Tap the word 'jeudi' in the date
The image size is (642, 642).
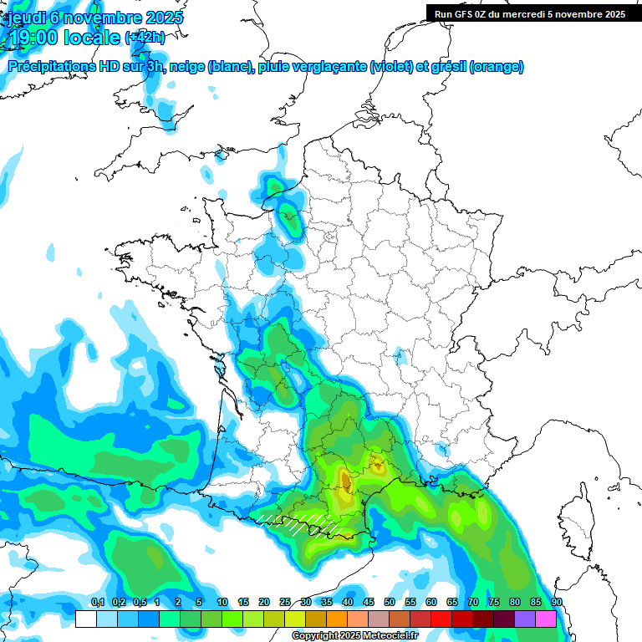coord(24,18)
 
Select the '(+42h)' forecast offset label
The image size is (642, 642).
coord(145,38)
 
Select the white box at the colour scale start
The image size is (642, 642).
coord(85,619)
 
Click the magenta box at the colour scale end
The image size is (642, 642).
coord(546,619)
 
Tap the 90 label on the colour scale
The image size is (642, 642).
coord(557,602)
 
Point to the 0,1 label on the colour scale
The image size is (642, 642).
coord(97,602)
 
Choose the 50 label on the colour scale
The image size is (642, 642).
coord(390,602)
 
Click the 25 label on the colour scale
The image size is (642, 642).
coord(285,602)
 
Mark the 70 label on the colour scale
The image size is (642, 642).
coord(473,602)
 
